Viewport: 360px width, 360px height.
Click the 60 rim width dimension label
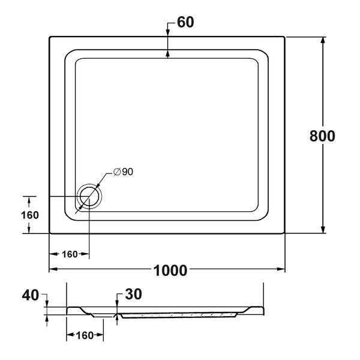click(185, 22)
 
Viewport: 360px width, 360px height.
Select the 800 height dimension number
click(322, 136)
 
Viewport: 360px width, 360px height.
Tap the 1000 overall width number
click(170, 271)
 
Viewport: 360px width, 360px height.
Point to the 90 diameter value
click(127, 172)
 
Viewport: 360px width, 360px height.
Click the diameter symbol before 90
click(117, 172)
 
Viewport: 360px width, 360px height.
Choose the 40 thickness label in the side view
click(31, 295)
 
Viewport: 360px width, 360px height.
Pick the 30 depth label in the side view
click(133, 294)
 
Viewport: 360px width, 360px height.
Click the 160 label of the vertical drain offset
click(30, 215)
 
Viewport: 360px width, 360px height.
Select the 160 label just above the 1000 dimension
click(70, 254)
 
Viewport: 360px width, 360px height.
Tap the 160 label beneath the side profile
click(85, 335)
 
